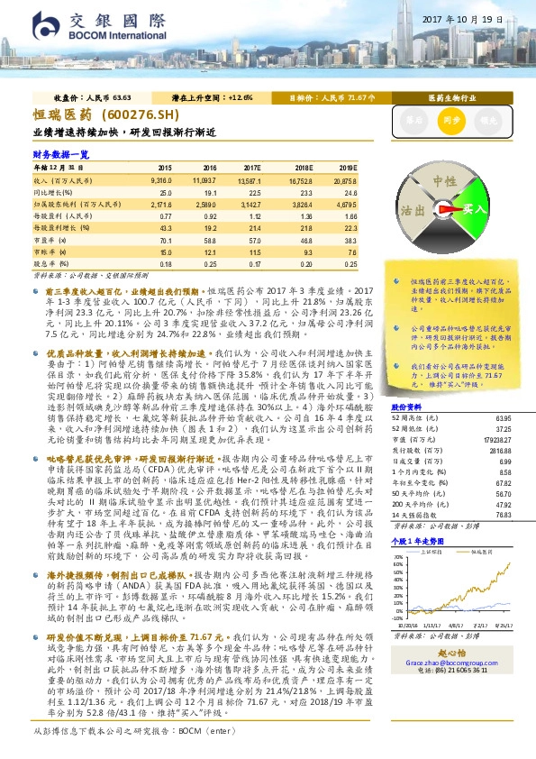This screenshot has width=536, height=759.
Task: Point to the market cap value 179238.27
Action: [x=497, y=439]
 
